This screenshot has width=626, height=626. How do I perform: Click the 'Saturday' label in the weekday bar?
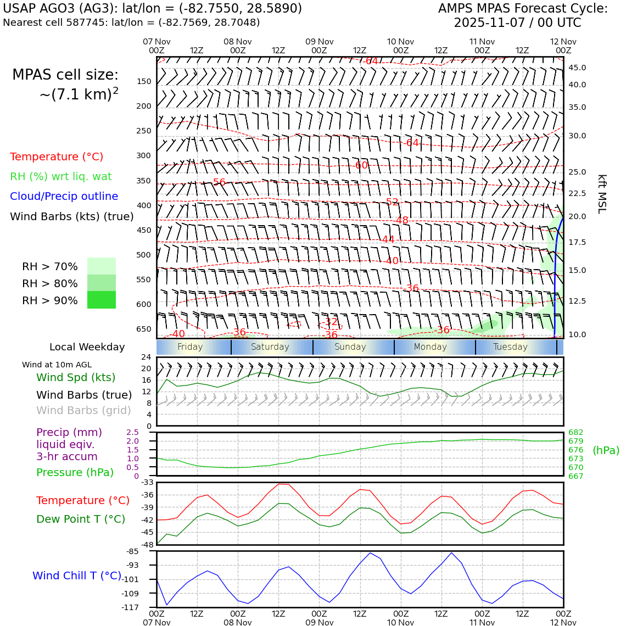pos(270,347)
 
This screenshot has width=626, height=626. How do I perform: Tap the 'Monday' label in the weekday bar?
pos(430,347)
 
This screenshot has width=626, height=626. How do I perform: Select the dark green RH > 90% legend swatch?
pos(102,300)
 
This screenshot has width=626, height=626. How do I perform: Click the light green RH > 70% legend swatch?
pos(102,266)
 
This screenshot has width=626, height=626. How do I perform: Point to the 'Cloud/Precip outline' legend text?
pos(64,197)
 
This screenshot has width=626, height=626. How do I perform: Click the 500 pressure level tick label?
pos(143,255)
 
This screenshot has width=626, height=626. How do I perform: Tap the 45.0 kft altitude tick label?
pos(577,68)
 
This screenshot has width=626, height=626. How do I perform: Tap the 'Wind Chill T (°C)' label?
pos(77,575)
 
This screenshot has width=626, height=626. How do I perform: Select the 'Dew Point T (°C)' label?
pos(81,519)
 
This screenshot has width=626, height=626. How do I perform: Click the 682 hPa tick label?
pos(575,432)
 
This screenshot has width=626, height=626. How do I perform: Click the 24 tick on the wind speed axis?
pos(146,357)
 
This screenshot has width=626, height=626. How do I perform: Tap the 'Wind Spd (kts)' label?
pos(76,377)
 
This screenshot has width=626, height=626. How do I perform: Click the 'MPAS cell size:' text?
pos(65,75)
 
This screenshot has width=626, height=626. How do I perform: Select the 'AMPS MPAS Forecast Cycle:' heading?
pos(523,9)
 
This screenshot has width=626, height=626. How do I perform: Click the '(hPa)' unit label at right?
pos(606,450)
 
